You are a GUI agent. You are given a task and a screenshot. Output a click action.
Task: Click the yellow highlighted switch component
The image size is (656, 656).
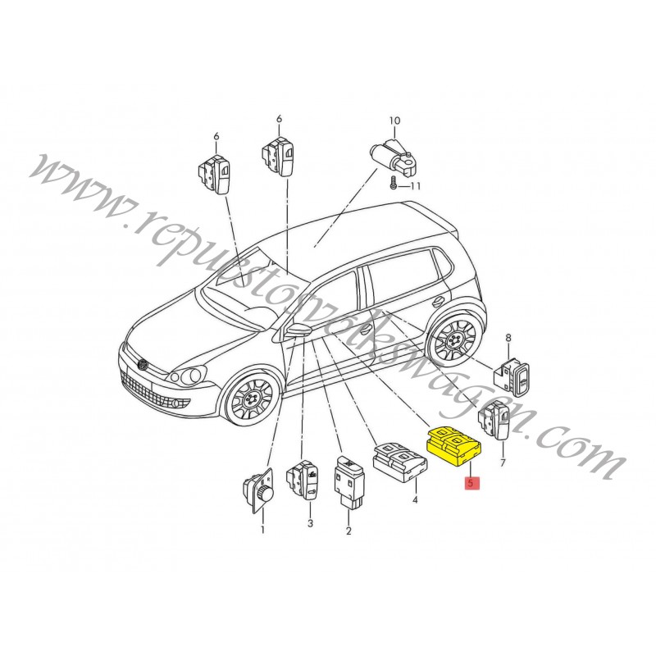pos(453,446)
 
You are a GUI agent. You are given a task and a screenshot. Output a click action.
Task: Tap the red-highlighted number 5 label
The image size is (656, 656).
pos(471,483)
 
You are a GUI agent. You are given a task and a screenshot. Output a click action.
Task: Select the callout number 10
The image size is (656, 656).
pos(394,121)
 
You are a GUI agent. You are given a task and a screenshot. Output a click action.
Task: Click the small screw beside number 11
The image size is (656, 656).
pos(393,184)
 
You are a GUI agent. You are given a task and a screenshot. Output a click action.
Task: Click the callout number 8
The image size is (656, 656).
pos(508,337)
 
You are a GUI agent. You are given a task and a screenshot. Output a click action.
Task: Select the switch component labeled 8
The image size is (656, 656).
pos(512,376)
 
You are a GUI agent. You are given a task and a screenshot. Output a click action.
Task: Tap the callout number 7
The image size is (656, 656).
pos(503,462)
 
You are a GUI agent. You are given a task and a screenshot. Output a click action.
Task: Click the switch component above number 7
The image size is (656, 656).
pos(495,420)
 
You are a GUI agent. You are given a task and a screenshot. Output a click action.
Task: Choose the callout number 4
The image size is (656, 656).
pos(415,499)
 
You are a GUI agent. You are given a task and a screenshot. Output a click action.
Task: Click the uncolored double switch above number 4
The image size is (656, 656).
pos(401,462)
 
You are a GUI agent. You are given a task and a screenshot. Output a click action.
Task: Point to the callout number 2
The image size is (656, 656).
pos(348,531)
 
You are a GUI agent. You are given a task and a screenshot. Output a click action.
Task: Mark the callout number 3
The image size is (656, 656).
pos(310,523)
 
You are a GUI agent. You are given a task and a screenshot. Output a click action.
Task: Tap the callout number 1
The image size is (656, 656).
pos(262,530)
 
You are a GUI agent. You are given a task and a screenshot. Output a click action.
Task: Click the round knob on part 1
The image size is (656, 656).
pos(266,493)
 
